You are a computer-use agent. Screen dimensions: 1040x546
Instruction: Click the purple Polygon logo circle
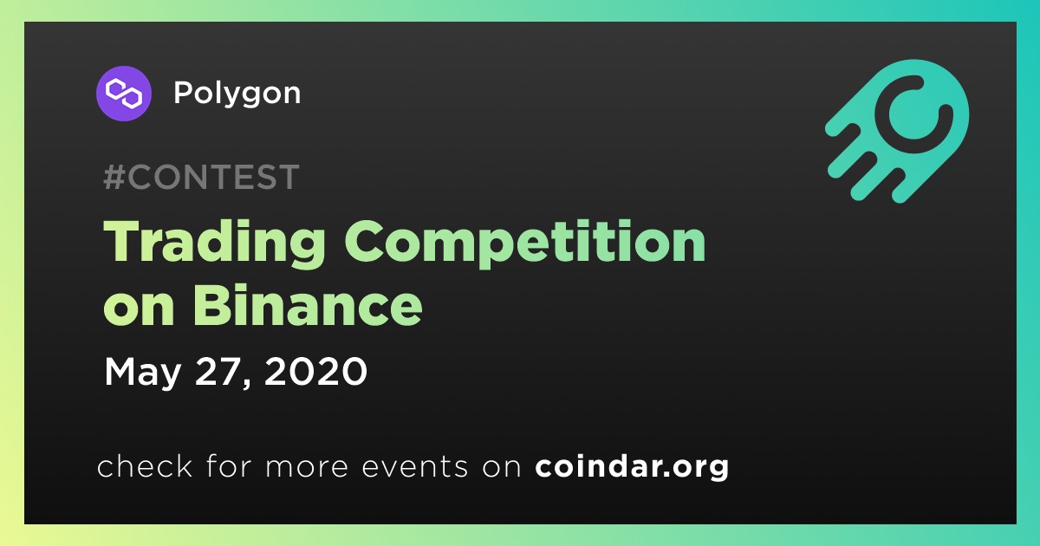pos(123,94)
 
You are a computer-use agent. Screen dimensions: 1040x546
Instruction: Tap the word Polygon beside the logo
pos(237,94)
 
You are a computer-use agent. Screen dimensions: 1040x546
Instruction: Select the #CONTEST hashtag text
pos(201,177)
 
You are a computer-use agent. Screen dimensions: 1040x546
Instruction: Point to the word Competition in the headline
pos(525,243)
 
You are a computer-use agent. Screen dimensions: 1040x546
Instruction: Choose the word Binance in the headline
pos(308,306)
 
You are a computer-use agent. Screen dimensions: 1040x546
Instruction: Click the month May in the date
pos(142,373)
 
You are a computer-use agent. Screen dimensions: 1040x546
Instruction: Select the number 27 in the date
pos(219,371)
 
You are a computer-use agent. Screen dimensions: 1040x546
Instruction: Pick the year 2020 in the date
pos(315,371)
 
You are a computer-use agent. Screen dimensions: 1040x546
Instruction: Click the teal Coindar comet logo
pos(897,131)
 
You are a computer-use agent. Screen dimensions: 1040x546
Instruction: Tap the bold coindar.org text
pos(632,466)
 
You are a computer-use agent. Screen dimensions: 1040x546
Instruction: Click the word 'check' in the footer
pos(145,465)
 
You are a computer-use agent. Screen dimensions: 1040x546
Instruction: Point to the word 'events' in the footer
pos(415,467)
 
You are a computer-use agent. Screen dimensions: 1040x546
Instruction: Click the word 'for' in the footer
pos(229,465)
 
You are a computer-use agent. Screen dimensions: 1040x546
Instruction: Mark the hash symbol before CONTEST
pos(114,177)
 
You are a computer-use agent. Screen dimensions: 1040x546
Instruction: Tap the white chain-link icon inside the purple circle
pos(123,94)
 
